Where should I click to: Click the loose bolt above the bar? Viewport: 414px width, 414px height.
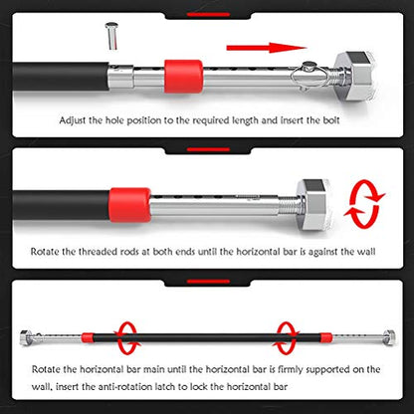[111, 36]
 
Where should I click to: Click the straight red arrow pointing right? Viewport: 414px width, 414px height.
[266, 48]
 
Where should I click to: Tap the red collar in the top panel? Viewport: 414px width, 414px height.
[183, 76]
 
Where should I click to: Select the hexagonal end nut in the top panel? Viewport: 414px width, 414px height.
[355, 76]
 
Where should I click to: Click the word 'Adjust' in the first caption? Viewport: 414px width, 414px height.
[73, 120]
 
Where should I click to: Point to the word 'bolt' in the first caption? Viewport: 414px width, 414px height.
[331, 120]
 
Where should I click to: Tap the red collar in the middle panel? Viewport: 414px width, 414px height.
[129, 205]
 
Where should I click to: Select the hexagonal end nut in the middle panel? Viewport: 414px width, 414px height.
[314, 205]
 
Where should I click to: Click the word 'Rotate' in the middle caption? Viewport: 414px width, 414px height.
[45, 252]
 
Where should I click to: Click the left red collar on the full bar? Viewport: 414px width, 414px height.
[88, 337]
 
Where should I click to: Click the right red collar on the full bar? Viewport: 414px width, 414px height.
[326, 337]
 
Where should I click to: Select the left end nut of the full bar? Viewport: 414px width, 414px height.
[25, 337]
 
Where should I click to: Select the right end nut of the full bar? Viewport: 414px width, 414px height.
[389, 337]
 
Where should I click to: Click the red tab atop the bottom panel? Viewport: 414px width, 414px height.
[208, 282]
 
